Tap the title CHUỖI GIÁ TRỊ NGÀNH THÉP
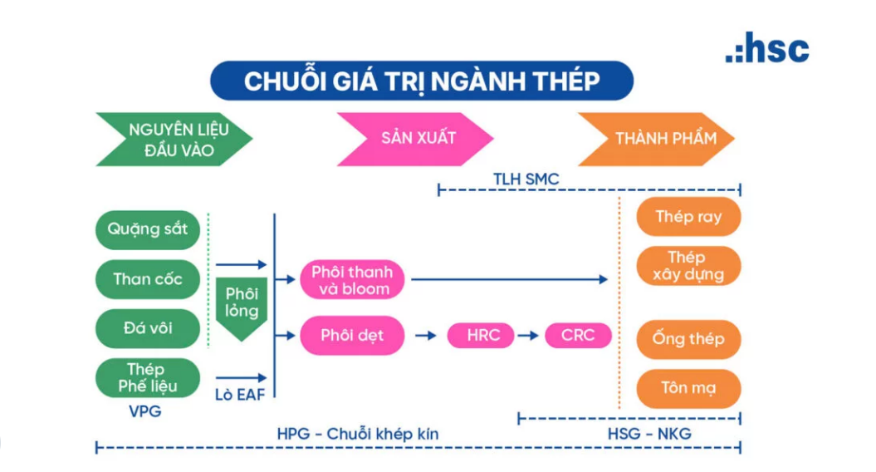pyautogui.click(x=422, y=81)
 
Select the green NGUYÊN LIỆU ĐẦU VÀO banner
pyautogui.click(x=175, y=140)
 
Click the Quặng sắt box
pyautogui.click(x=148, y=229)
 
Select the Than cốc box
pyautogui.click(x=148, y=279)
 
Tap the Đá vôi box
pyautogui.click(x=148, y=328)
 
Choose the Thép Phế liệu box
pyautogui.click(x=148, y=378)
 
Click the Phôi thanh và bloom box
pyautogui.click(x=352, y=280)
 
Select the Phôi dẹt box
pyautogui.click(x=352, y=336)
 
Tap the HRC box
pyautogui.click(x=483, y=336)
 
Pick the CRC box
pyautogui.click(x=578, y=336)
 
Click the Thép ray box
pyautogui.click(x=688, y=217)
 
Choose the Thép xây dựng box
pyautogui.click(x=688, y=266)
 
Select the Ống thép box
pyautogui.click(x=688, y=339)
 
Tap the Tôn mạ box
pyautogui.click(x=688, y=388)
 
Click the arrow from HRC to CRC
pyautogui.click(x=530, y=336)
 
